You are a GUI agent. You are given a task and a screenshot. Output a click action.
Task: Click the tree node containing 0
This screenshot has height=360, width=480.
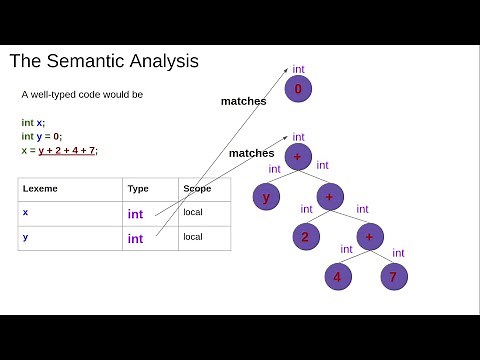coord(299,90)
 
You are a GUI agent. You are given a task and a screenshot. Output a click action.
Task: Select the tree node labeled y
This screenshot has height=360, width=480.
coord(267,197)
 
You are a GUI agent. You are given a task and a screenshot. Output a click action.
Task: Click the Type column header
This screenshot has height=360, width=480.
coord(137,188)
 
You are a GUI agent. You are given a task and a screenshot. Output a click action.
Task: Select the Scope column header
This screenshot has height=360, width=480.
coord(195,188)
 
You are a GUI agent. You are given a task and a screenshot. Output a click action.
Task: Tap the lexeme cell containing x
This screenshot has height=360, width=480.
coord(25,212)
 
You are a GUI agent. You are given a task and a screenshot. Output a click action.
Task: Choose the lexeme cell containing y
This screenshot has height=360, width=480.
coord(25,237)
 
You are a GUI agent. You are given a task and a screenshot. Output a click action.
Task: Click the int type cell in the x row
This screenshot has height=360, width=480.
coord(135,213)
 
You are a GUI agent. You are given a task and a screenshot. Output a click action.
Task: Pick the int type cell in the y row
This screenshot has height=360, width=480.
coord(135,238)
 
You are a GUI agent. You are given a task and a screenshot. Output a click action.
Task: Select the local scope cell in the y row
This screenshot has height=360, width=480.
coord(192,237)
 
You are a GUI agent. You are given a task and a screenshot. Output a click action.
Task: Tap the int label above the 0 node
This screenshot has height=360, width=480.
coord(299,69)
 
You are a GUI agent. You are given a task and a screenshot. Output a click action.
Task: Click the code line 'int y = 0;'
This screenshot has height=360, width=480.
coord(41,136)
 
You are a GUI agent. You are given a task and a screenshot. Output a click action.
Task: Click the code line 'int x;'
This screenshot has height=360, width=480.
coord(33,122)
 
